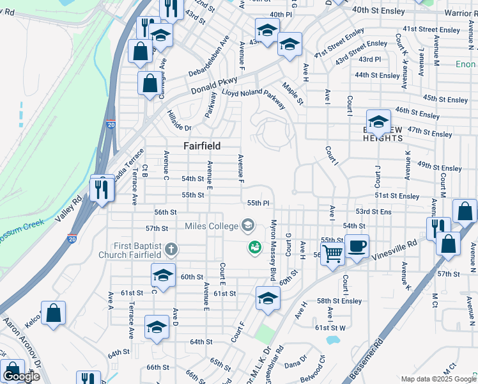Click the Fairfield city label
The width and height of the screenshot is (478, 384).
point(202,146)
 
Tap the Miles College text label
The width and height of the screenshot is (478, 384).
point(210,225)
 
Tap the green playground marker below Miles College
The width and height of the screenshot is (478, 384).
point(254,246)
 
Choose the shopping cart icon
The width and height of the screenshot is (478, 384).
point(333,253)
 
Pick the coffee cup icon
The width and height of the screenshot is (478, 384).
point(357,246)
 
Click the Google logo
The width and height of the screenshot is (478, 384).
point(21,377)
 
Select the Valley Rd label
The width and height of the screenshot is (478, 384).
point(68,209)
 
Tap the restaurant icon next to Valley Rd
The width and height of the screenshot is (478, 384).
point(102,189)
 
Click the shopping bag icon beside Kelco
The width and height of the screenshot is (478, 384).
point(54,314)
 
